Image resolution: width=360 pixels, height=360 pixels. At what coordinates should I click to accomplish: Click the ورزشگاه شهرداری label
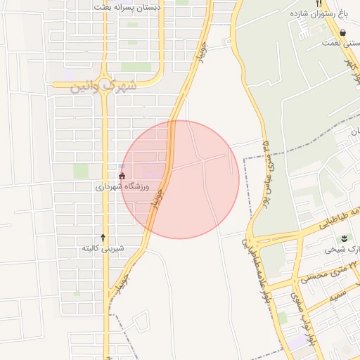pos(124,187)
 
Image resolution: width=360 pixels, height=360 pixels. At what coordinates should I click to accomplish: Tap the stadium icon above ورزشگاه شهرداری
pos(122,176)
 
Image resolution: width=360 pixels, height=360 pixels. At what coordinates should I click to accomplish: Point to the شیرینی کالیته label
pos(103,248)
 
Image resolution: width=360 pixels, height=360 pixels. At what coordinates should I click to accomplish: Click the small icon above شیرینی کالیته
pos(103,237)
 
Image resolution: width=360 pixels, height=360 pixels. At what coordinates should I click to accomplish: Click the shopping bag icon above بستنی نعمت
pos(342,32)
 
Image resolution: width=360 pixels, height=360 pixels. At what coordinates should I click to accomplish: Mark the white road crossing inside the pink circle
pos(203,160)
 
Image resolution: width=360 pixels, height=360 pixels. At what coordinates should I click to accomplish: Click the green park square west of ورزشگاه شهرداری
pos(82,171)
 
